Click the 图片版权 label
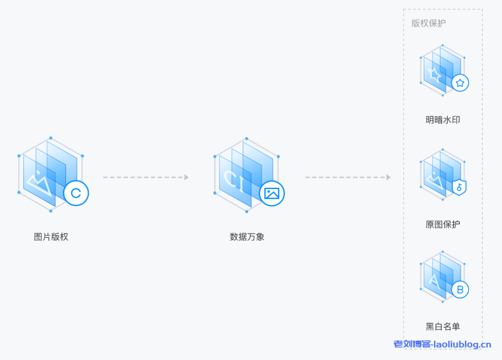pyautogui.click(x=51, y=237)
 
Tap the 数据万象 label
pyautogui.click(x=247, y=237)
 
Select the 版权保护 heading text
pyautogui.click(x=428, y=24)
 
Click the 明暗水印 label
pyautogui.click(x=443, y=120)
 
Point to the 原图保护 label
pyautogui.click(x=443, y=224)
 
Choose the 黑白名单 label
pyautogui.click(x=443, y=327)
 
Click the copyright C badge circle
pyautogui.click(x=76, y=193)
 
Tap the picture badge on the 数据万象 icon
pyautogui.click(x=272, y=193)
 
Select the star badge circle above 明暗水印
pyautogui.click(x=460, y=83)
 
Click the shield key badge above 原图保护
pyautogui.click(x=459, y=187)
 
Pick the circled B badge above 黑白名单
pyautogui.click(x=460, y=289)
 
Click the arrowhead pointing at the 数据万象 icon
pyautogui.click(x=186, y=177)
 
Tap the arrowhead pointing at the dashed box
pyautogui.click(x=388, y=177)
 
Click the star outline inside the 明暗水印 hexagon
pyautogui.click(x=434, y=74)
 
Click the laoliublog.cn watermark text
pyautogui.click(x=442, y=345)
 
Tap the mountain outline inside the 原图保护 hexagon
pyautogui.click(x=434, y=180)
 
